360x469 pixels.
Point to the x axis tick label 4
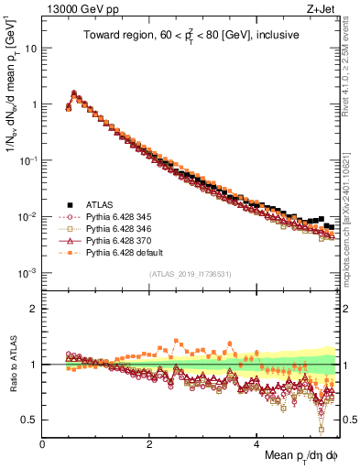(256, 444)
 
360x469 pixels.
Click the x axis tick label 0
(43, 444)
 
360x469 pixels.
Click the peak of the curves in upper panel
(73, 93)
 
